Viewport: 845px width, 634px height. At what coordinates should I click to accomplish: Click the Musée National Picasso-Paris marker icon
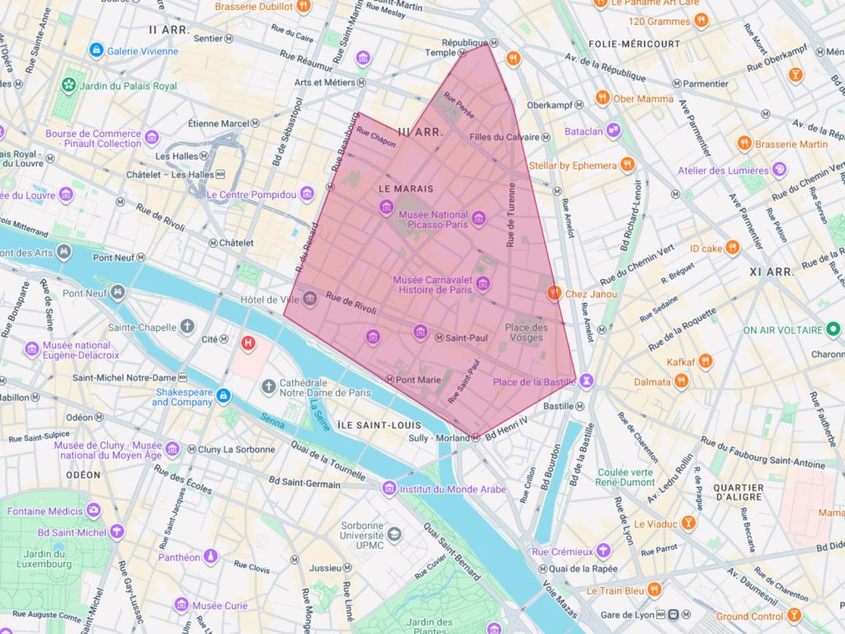point(478,219)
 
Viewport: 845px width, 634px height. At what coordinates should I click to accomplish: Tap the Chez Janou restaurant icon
point(554,292)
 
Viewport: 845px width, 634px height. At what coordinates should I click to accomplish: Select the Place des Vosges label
point(526,333)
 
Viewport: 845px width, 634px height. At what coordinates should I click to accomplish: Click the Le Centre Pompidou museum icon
point(307,194)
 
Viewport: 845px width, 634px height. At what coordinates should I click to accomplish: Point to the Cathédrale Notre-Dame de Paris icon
point(269,386)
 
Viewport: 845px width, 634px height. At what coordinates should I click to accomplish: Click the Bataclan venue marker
point(613,130)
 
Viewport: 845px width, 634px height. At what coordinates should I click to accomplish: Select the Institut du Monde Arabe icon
point(389,489)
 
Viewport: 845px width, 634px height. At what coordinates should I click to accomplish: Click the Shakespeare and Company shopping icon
point(222,396)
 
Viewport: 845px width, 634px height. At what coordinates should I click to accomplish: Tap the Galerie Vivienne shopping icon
point(97,50)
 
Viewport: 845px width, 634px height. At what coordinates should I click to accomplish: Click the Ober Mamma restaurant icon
point(602,98)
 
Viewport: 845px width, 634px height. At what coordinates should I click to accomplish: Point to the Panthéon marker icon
point(210,556)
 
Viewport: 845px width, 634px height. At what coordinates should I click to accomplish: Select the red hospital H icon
point(248,343)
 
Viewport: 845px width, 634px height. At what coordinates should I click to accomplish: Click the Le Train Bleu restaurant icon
point(654,589)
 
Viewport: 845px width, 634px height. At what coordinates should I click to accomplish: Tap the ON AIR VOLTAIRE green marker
point(833,329)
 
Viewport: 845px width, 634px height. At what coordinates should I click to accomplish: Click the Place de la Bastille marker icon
point(586,381)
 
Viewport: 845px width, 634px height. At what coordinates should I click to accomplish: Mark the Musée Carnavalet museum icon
point(483,284)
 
